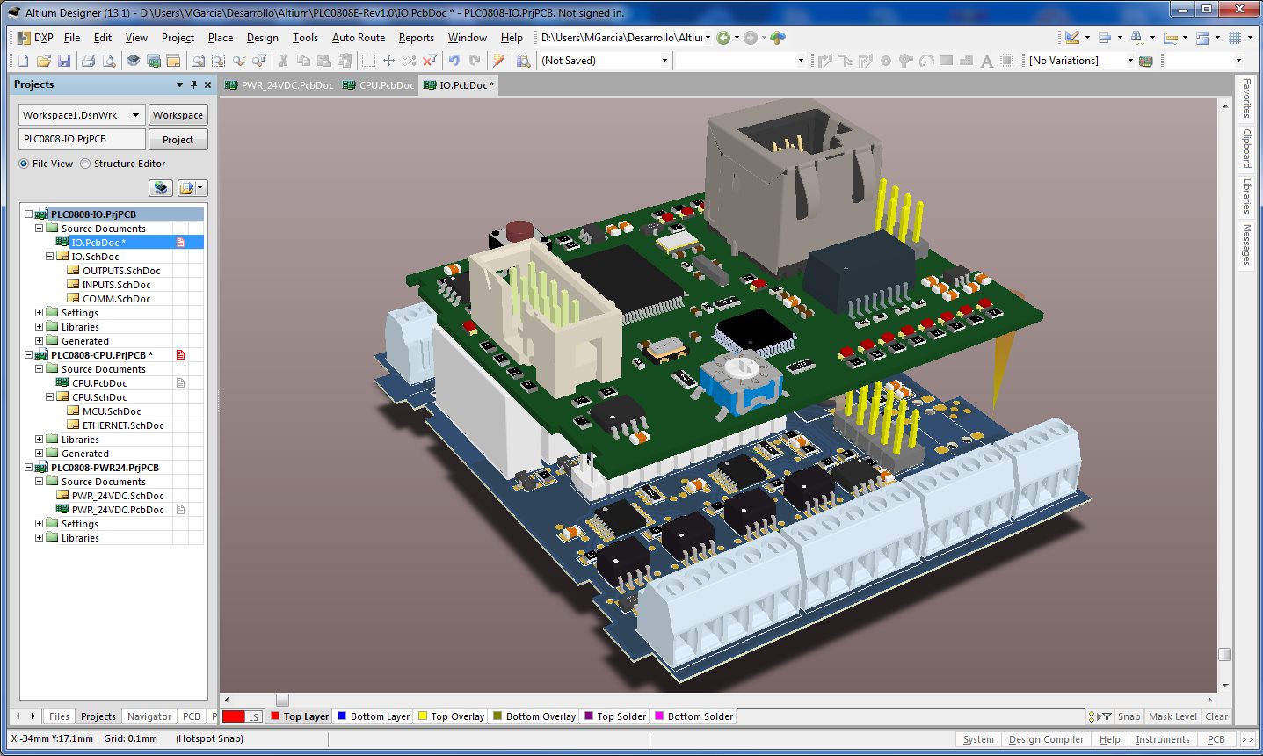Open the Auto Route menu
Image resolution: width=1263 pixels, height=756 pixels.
point(358,38)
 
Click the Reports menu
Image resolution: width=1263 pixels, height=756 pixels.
point(416,38)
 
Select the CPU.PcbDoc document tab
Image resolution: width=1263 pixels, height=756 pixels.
point(380,85)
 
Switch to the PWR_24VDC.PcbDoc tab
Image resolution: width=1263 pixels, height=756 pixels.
point(279,85)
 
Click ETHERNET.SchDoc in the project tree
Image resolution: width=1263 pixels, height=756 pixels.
point(123,425)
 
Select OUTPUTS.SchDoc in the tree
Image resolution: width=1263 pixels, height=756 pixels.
point(121,271)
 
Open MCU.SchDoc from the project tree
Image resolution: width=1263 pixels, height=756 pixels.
point(112,411)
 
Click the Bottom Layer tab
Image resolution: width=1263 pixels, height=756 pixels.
point(374,716)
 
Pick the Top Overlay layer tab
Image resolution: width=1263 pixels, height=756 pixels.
point(451,716)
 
